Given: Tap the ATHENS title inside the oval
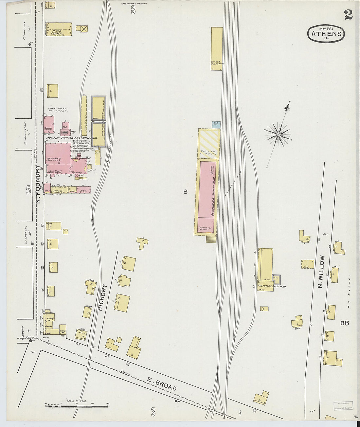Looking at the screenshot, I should pos(326,33).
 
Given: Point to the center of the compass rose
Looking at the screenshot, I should pos(278,134).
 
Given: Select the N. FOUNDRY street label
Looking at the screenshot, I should pos(38,184).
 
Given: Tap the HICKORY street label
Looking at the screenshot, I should pos(102,297).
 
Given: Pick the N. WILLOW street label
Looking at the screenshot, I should pos(321,272).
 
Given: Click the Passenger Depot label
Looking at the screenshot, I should pos(205,229).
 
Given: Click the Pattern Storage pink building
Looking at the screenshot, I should pos(49,124).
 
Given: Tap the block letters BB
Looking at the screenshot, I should pos(344,323).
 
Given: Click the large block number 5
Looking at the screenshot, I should pos(28,189).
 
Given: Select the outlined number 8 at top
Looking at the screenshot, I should pos(133,10).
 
